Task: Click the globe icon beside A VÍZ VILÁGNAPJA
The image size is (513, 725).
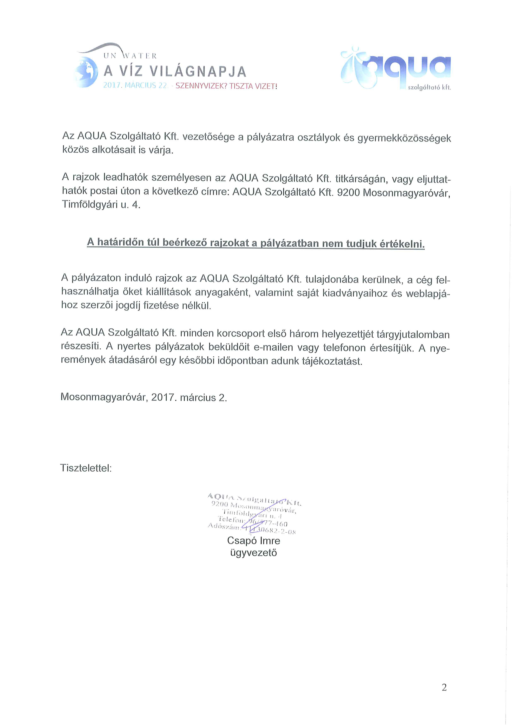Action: [x=86, y=72]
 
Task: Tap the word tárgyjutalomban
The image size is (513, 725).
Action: [x=413, y=335]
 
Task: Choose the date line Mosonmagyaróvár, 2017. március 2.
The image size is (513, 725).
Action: [x=144, y=397]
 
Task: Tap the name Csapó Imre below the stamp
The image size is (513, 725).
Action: [x=253, y=541]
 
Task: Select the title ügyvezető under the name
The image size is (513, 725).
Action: [x=253, y=553]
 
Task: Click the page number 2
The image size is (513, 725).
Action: [x=444, y=687]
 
